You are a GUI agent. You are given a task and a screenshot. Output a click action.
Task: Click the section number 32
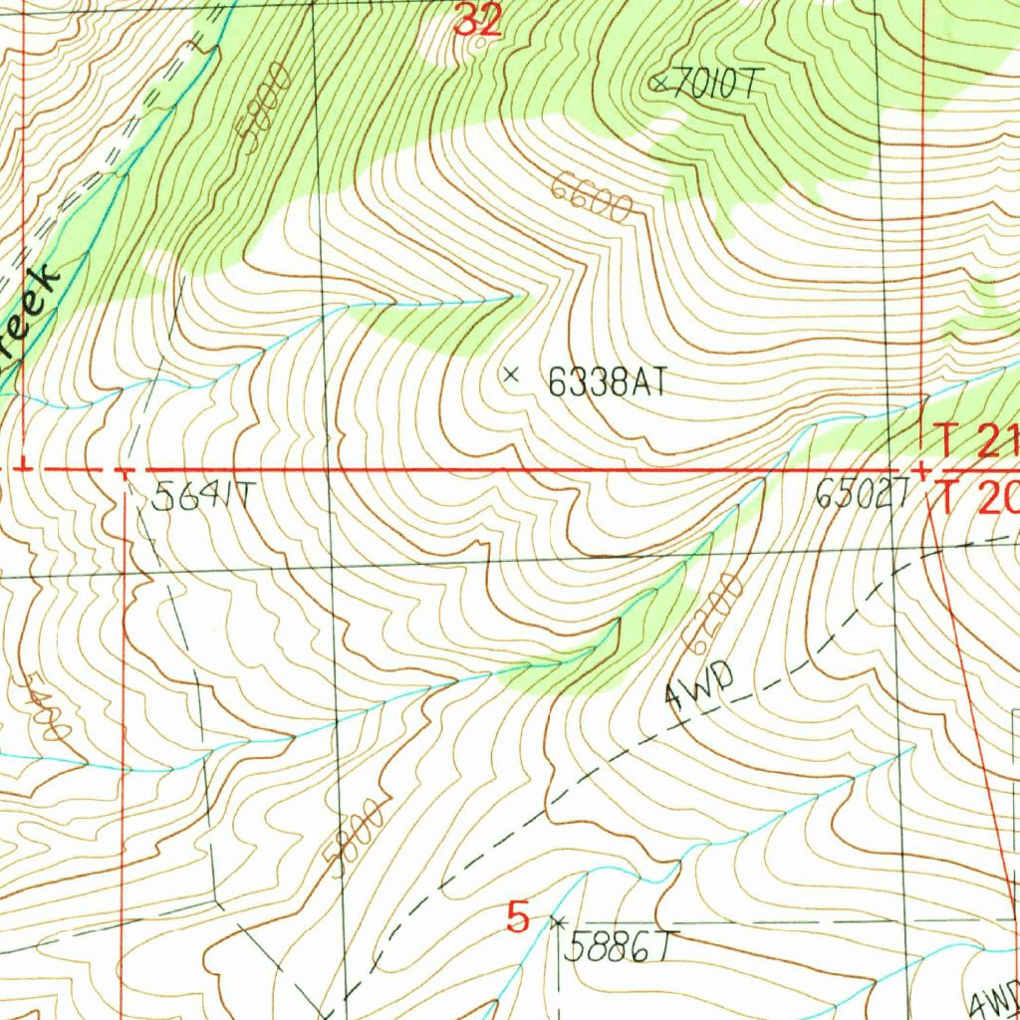476,21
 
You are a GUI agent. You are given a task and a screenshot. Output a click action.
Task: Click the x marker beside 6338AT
512,375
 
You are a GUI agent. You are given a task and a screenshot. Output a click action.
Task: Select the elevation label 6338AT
605,382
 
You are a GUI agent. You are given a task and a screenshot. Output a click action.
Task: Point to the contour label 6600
592,195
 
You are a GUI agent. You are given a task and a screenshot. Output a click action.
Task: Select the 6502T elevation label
863,494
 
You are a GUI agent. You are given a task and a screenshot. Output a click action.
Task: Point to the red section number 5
518,915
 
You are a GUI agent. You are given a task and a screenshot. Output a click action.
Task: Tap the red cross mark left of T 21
923,469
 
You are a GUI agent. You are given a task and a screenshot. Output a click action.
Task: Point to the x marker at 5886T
558,921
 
